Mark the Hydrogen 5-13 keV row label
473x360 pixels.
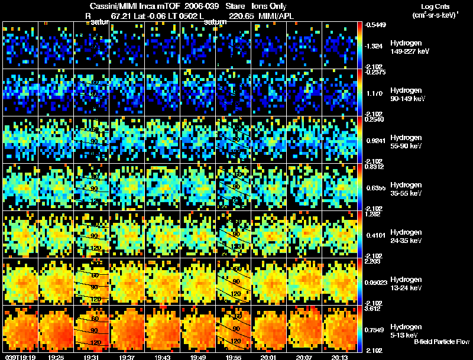[x=406, y=330]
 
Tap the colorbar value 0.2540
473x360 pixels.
[x=373, y=119]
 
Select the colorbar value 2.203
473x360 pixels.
[x=373, y=261]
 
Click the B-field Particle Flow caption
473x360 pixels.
[x=441, y=342]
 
